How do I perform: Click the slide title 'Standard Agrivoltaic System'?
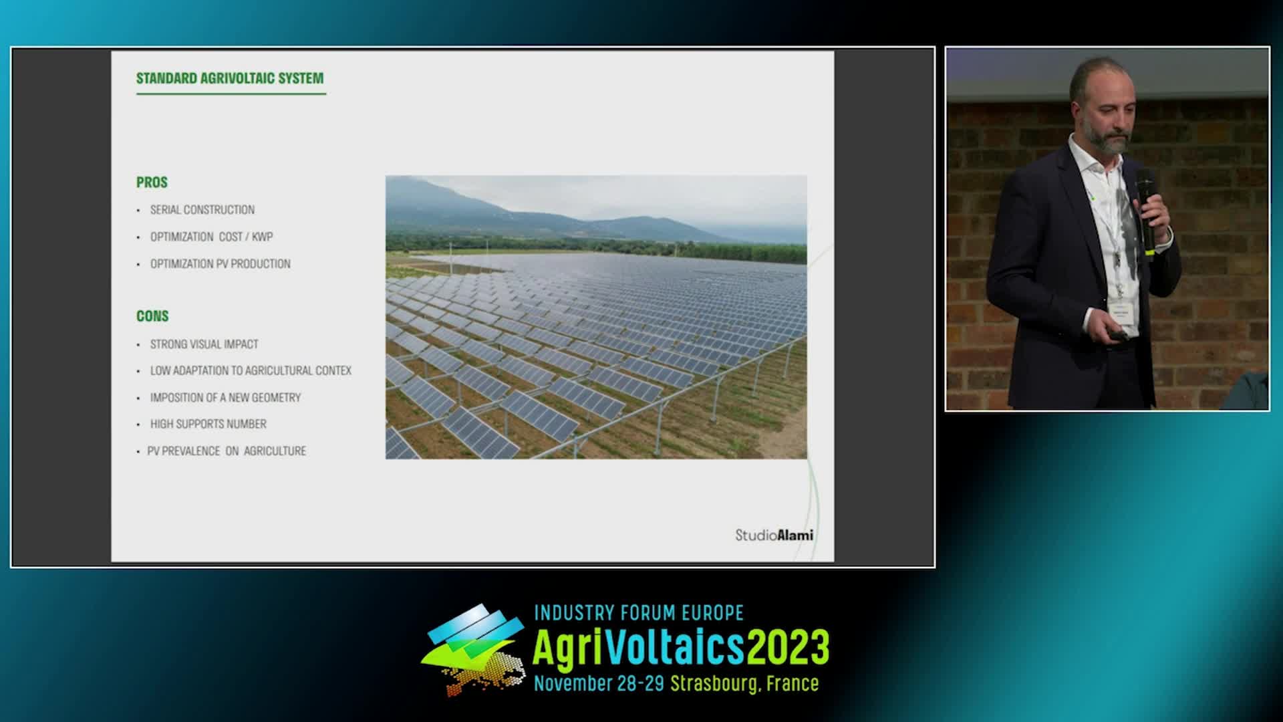point(230,78)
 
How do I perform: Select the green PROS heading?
point(152,183)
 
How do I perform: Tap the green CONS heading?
point(152,316)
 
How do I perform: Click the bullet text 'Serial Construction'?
point(202,210)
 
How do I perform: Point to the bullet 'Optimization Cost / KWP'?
point(211,237)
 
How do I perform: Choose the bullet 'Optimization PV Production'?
point(221,264)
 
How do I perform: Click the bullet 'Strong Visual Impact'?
point(204,344)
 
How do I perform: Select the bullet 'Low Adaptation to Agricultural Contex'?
point(251,370)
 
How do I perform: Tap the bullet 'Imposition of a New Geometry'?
point(225,398)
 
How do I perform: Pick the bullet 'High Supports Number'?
point(208,424)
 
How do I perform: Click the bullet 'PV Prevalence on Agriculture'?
point(227,451)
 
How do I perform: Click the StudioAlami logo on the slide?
point(774,535)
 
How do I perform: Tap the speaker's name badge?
point(1123,314)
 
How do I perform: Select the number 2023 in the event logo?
point(788,646)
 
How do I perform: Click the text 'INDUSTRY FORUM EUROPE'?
point(639,612)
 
